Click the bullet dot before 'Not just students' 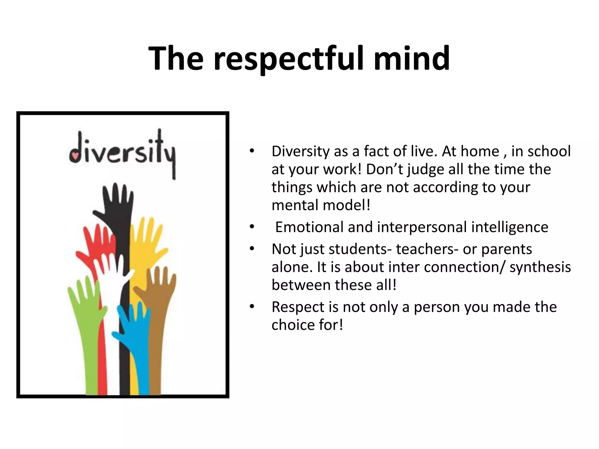click(252, 249)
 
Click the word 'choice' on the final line click(293, 325)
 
